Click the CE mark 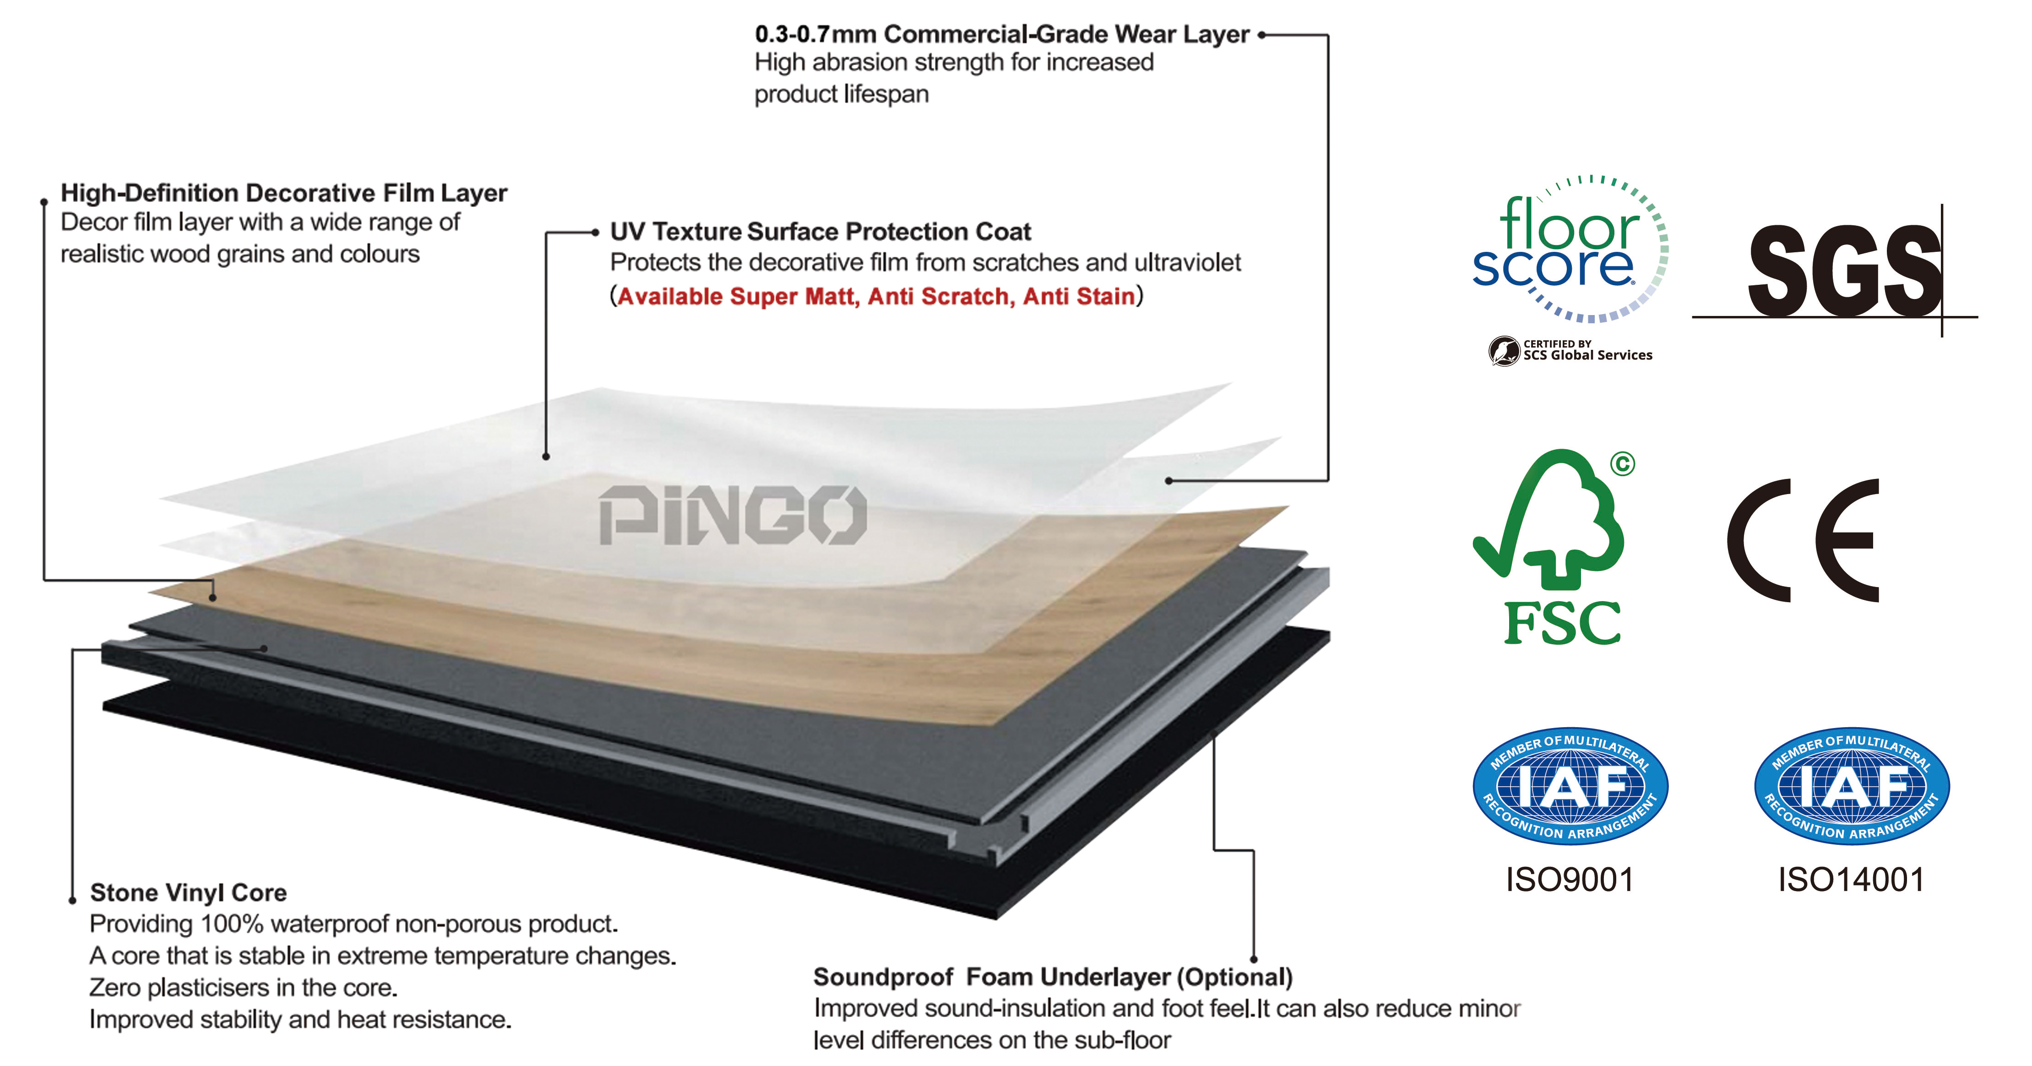click(1803, 540)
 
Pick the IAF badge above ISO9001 click(1570, 785)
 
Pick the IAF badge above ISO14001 click(1851, 785)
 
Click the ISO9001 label click(1570, 880)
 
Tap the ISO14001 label click(1851, 880)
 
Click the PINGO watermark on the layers click(733, 515)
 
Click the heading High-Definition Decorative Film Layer click(284, 192)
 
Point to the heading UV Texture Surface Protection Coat click(820, 231)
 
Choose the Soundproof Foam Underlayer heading click(1053, 977)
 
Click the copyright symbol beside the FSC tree click(1623, 463)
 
